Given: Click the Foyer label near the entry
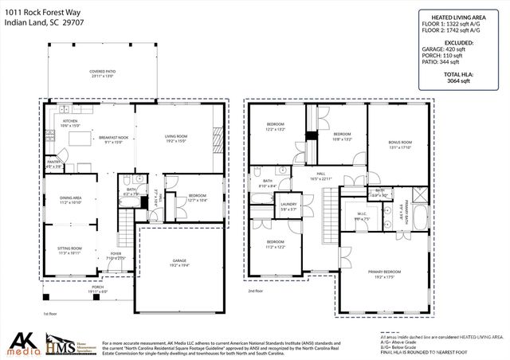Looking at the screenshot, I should pyautogui.click(x=116, y=256).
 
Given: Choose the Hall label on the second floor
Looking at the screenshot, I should pyautogui.click(x=320, y=176).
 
